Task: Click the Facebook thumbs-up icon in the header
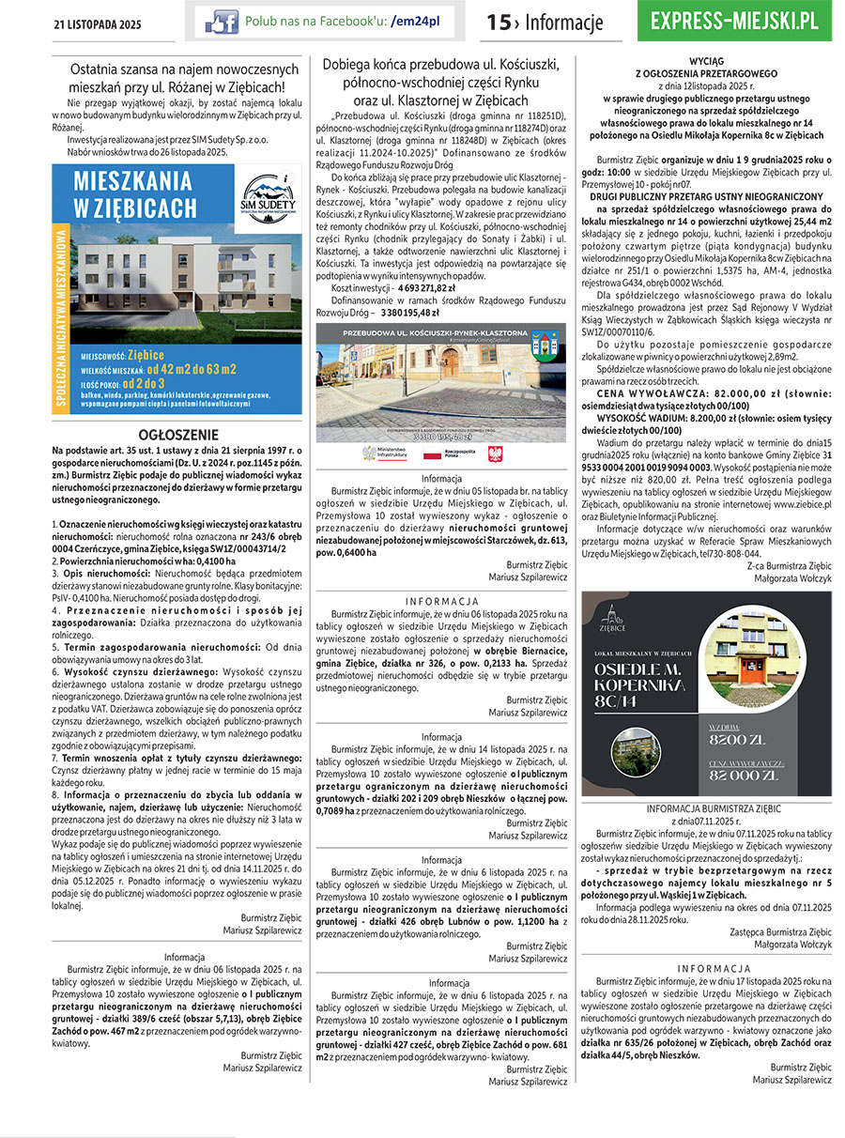pyautogui.click(x=222, y=21)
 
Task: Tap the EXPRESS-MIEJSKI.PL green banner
pyautogui.click(x=740, y=22)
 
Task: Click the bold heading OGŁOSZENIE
pyautogui.click(x=178, y=436)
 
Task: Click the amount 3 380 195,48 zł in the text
pyautogui.click(x=418, y=313)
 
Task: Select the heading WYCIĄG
pyautogui.click(x=706, y=58)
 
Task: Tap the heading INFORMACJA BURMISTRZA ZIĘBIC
pyautogui.click(x=706, y=808)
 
